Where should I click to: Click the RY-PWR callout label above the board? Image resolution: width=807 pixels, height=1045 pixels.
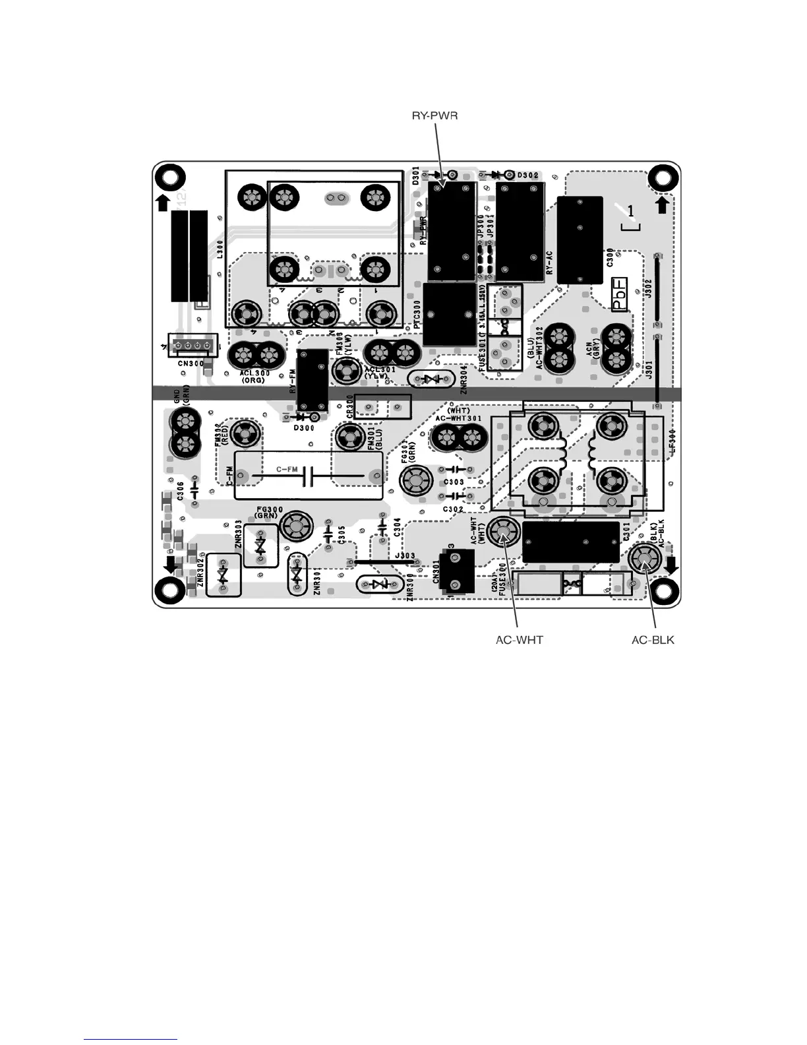click(x=434, y=116)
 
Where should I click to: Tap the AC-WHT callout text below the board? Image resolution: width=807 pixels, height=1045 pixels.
click(x=520, y=640)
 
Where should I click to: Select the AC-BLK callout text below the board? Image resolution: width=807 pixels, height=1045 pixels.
click(x=653, y=640)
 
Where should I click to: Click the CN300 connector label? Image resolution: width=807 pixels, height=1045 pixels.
click(x=191, y=364)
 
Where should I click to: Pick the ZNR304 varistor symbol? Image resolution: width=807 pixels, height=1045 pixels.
click(x=432, y=379)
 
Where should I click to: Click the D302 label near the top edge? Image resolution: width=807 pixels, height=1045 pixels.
click(x=527, y=175)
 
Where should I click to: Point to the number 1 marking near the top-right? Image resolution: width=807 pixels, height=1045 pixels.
click(x=631, y=211)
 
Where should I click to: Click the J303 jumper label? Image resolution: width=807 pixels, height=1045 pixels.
click(x=405, y=557)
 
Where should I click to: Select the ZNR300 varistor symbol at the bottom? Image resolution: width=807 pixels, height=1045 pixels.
click(x=378, y=585)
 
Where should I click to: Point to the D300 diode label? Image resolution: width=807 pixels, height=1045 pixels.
click(x=303, y=427)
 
